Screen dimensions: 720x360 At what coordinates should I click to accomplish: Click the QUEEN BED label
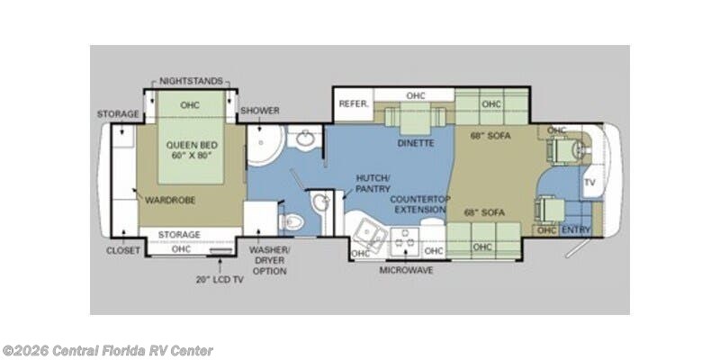point(192,145)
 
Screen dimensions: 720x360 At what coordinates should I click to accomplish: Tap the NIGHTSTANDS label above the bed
point(191,81)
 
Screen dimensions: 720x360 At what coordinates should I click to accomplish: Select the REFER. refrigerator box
point(354,104)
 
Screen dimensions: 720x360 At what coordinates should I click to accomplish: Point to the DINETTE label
point(416,143)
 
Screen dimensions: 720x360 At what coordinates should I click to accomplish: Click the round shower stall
point(265,145)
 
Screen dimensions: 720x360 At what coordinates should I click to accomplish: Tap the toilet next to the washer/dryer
point(292,222)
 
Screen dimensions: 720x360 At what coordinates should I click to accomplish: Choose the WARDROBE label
point(170,200)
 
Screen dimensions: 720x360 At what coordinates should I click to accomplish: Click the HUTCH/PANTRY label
point(373,184)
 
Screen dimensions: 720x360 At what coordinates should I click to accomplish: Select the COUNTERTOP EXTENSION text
point(420,204)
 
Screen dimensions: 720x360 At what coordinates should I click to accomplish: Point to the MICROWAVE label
point(406,270)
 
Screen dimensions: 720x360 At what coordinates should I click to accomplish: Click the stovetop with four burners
point(404,241)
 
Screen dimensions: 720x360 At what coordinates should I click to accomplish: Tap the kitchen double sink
point(371,234)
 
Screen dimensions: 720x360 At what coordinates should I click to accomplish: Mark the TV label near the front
point(589,183)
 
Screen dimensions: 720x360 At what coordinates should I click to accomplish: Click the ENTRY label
point(575,229)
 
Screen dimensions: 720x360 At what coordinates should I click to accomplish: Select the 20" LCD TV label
point(220,279)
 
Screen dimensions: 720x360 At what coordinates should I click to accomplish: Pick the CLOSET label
point(123,251)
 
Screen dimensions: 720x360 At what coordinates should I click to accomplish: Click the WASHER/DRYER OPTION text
point(269,261)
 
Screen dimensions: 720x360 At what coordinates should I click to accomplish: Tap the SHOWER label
point(260,111)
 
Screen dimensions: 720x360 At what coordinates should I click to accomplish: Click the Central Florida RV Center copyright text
point(107,351)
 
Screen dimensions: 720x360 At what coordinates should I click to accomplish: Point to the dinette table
point(415,118)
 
